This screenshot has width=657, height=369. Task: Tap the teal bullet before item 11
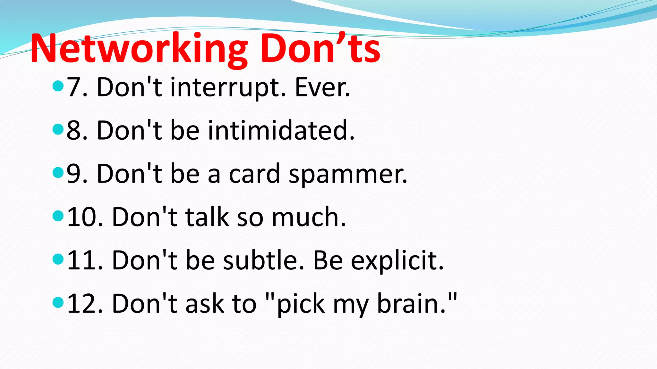58,259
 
